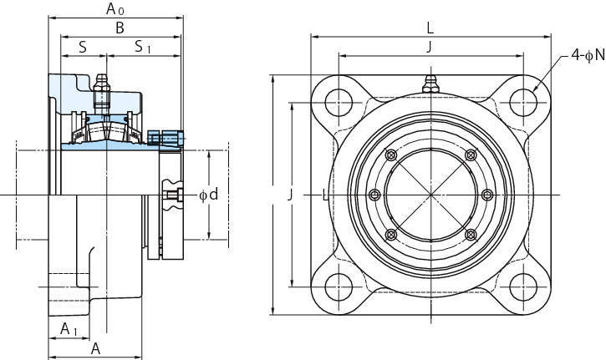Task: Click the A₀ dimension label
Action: [115, 9]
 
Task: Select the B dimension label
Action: [120, 28]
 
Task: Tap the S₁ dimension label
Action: [143, 47]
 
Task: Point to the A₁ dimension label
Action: [69, 329]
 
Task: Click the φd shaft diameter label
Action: [208, 195]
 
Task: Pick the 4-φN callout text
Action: [588, 56]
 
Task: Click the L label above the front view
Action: [430, 28]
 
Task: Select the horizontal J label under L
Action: [430, 47]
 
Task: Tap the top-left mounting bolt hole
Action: [339, 103]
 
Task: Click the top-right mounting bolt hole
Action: [523, 103]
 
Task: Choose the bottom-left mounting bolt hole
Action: [339, 287]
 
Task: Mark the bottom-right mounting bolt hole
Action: [523, 287]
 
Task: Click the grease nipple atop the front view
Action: [430, 84]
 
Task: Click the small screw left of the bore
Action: [374, 195]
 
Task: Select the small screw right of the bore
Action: [487, 195]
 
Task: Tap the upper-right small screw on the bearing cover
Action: [471, 155]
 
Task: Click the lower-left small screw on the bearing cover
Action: [391, 235]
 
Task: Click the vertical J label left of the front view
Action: [289, 195]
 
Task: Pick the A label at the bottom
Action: [95, 348]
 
